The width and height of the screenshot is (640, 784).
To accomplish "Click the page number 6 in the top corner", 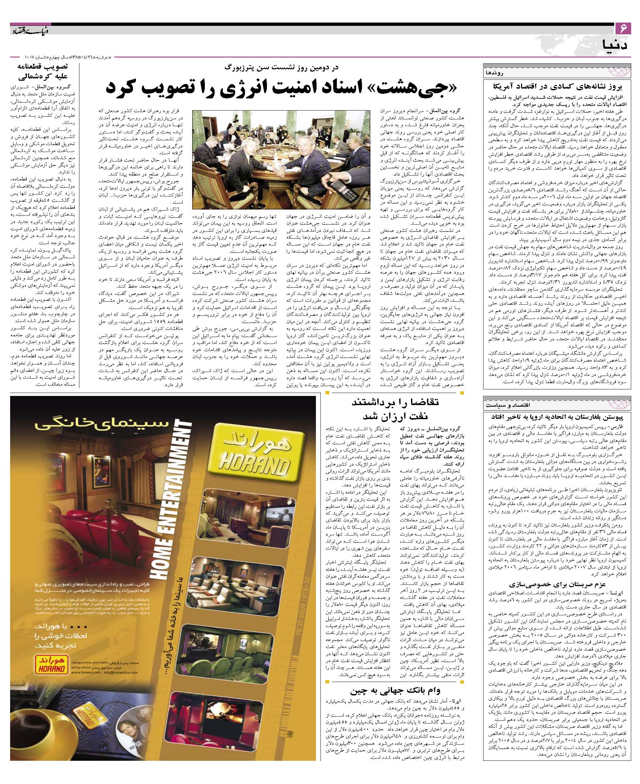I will click(624, 29).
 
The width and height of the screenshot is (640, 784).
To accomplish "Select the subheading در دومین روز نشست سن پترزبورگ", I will click(284, 68).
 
